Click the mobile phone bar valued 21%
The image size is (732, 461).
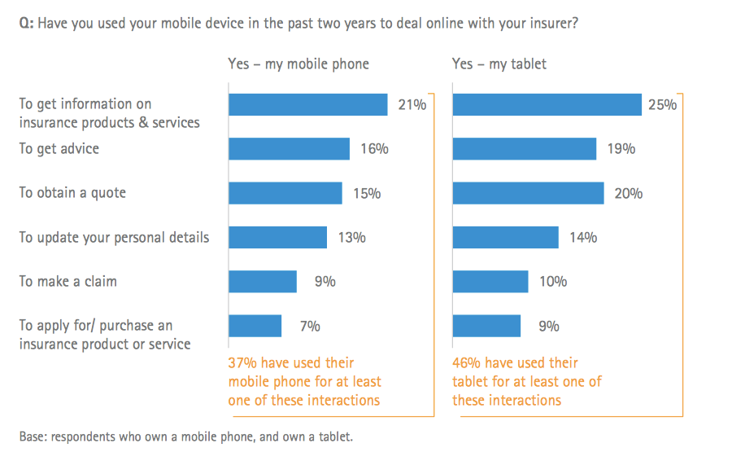307,104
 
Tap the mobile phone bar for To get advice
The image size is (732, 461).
289,149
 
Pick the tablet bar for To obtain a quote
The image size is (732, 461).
528,193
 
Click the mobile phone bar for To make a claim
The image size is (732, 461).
262,282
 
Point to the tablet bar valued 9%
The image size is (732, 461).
486,326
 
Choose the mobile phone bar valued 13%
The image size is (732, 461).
277,237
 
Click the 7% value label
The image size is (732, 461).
310,327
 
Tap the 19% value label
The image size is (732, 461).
621,149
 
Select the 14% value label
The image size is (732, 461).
583,238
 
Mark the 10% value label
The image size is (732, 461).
553,282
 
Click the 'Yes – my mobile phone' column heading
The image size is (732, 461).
298,64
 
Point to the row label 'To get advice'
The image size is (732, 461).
59,149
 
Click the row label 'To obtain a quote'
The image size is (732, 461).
72,193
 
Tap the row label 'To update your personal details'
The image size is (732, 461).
114,238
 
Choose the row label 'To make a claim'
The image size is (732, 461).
68,282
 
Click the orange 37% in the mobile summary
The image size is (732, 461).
242,362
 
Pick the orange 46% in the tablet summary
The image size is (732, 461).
467,362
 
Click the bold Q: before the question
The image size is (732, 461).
26,24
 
